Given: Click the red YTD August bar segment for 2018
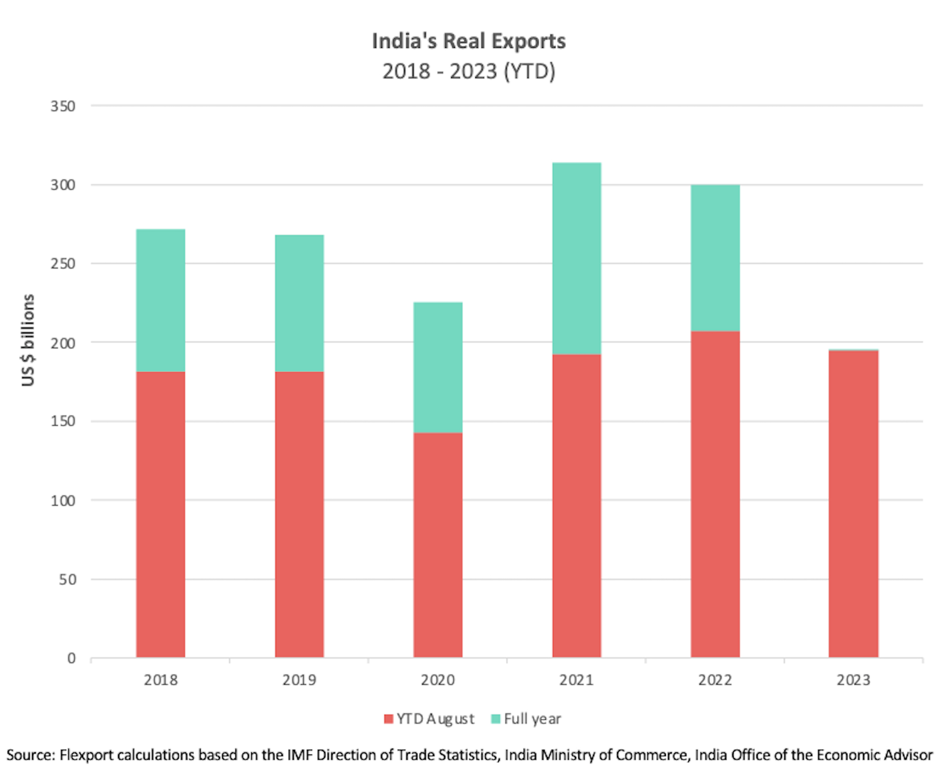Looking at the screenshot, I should pos(160,514).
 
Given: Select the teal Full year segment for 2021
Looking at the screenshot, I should pos(576,258).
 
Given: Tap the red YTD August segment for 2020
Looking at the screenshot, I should pos(438,545).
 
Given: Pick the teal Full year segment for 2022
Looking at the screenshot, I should pos(715,258).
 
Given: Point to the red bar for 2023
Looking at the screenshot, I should pos(853,504).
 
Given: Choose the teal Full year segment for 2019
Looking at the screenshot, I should pos(299,303).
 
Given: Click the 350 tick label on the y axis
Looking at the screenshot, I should pos(63,106).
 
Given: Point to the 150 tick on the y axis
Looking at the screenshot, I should pos(63,422).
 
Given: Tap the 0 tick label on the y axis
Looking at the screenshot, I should pos(71,658).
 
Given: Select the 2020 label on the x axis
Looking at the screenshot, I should pos(438,680).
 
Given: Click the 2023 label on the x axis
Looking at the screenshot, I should pos(853,680).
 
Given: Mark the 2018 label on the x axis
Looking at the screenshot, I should pos(160,680).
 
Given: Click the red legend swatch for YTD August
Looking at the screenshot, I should pos(389,719).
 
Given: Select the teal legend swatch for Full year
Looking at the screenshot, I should pos(495,719).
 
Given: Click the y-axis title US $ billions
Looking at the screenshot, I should pos(28,340).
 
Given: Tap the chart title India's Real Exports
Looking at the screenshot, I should pos(469,41).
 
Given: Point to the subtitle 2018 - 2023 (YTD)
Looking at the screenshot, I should pos(469,71).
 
